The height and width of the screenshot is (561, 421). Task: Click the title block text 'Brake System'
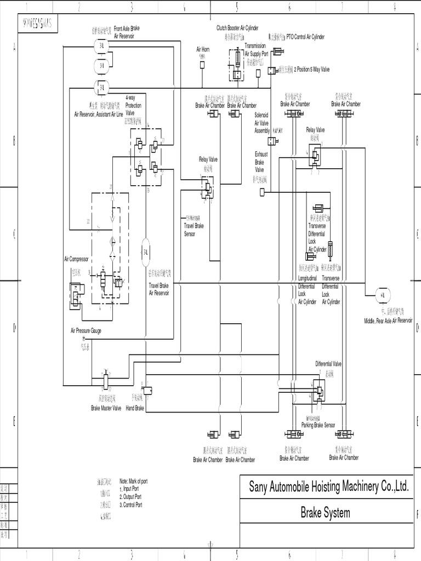pyautogui.click(x=325, y=513)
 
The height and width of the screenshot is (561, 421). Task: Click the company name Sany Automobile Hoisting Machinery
pyautogui.click(x=329, y=486)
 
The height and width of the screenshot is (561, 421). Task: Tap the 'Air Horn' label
pyautogui.click(x=203, y=49)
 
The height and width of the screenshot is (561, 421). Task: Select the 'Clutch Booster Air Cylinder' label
pyautogui.click(x=237, y=27)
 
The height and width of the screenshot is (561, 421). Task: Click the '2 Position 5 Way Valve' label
pyautogui.click(x=312, y=70)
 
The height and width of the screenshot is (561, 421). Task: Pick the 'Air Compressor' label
pyautogui.click(x=76, y=259)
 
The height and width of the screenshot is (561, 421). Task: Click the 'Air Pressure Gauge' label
pyautogui.click(x=86, y=331)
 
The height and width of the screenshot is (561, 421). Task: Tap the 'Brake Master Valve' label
pyautogui.click(x=106, y=408)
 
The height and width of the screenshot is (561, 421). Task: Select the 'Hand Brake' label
pyautogui.click(x=135, y=408)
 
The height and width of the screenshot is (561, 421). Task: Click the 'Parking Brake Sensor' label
pyautogui.click(x=318, y=425)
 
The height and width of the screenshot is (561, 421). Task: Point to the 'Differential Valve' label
pyautogui.click(x=328, y=364)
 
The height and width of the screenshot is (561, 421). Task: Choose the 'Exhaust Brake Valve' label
pyautogui.click(x=259, y=162)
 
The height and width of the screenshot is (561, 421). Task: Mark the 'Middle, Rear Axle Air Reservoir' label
pyautogui.click(x=388, y=320)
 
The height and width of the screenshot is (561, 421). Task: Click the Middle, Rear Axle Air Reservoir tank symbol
pyautogui.click(x=382, y=294)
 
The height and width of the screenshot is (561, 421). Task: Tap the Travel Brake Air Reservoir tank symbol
pyautogui.click(x=146, y=253)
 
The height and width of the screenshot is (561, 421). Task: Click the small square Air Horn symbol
pyautogui.click(x=202, y=65)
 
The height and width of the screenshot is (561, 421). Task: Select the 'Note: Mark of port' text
pyautogui.click(x=133, y=481)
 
